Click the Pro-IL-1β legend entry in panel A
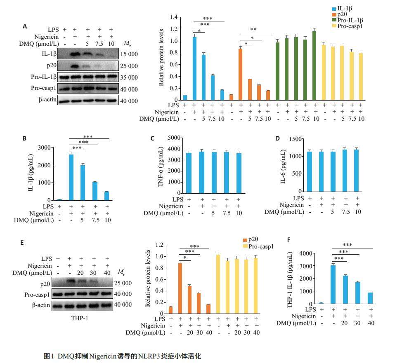[x=350, y=20]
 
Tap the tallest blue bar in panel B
[x=71, y=177]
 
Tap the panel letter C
[x=152, y=138]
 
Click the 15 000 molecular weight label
[x=130, y=54]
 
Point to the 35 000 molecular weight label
[x=130, y=77]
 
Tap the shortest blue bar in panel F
[x=370, y=298]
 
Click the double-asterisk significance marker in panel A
[x=253, y=30]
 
